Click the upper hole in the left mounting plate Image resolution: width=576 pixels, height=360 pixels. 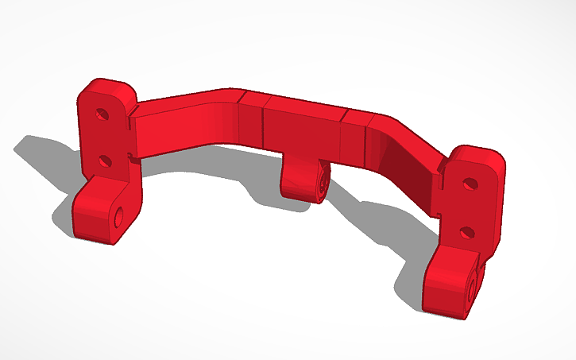(x=102, y=114)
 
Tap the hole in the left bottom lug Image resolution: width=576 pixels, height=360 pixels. (x=119, y=215)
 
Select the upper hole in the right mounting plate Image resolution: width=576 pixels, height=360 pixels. (x=470, y=184)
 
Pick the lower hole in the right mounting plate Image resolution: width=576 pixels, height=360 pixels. (x=466, y=233)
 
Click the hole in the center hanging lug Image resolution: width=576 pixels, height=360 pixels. (x=323, y=182)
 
